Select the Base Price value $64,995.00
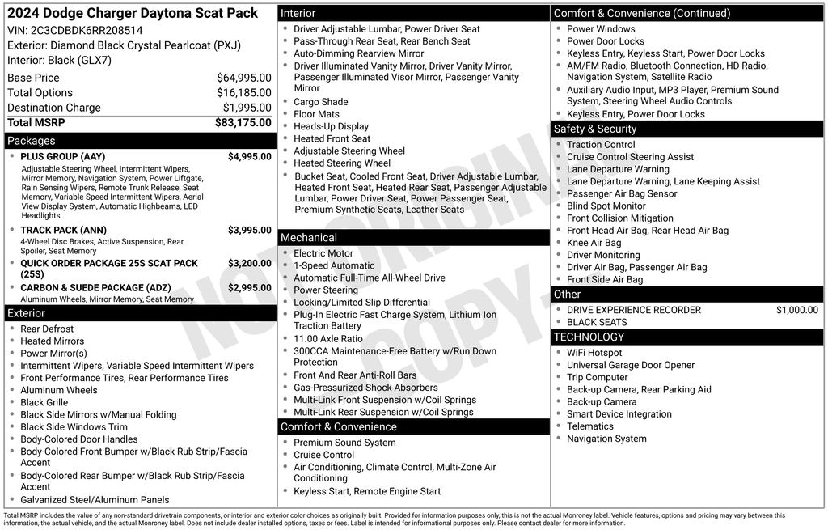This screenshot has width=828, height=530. [x=243, y=78]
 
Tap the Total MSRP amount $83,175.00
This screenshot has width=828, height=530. [x=243, y=123]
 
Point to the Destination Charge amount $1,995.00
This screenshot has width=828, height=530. [x=247, y=108]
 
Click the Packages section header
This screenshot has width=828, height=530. [x=32, y=141]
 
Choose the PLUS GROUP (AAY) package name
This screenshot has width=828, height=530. [x=63, y=157]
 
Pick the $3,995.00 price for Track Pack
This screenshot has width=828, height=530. [x=249, y=231]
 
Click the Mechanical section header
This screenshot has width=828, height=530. [x=309, y=238]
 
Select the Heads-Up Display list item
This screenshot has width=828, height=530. [x=331, y=126]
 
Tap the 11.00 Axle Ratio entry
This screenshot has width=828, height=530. [x=328, y=339]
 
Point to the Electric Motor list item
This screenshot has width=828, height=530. [x=323, y=253]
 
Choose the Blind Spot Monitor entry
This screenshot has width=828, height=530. [x=606, y=206]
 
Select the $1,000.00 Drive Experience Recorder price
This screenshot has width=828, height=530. [x=796, y=310]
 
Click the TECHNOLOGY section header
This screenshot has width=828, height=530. [x=589, y=337]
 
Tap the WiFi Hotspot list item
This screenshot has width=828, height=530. [x=594, y=353]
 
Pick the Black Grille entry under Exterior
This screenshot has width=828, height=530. [x=44, y=402]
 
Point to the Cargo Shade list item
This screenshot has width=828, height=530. [x=321, y=102]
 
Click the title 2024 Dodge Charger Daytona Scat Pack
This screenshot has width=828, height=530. [x=133, y=13]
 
